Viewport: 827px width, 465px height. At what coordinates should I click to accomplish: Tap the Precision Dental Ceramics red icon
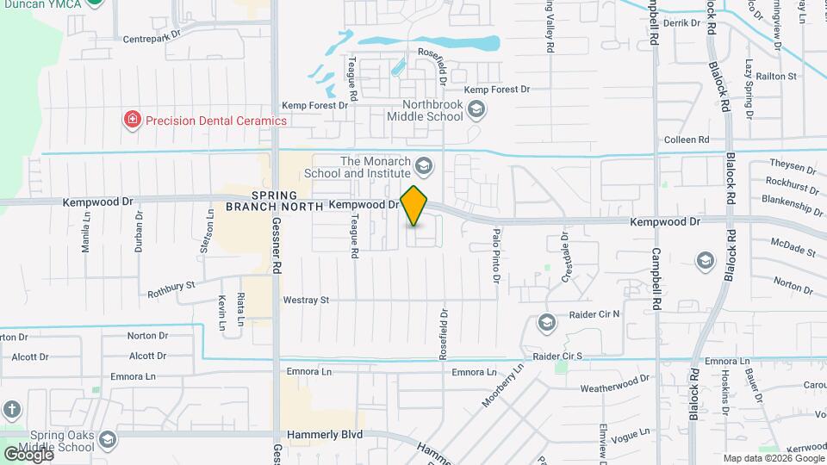133,120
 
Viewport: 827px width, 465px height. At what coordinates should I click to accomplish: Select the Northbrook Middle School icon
477,109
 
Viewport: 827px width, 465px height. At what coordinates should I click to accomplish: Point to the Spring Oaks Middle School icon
107,441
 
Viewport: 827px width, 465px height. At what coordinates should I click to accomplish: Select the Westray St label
306,301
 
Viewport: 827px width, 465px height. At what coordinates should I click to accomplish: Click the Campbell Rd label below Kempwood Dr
656,274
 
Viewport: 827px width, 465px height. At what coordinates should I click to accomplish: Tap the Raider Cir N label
594,315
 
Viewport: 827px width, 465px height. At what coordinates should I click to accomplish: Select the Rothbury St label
171,282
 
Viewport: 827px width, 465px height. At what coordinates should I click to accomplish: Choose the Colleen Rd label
687,139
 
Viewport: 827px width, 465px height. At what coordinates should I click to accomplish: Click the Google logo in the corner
28,454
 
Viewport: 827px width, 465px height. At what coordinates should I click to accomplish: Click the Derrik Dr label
683,23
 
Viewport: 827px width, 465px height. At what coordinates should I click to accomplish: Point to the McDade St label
793,249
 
